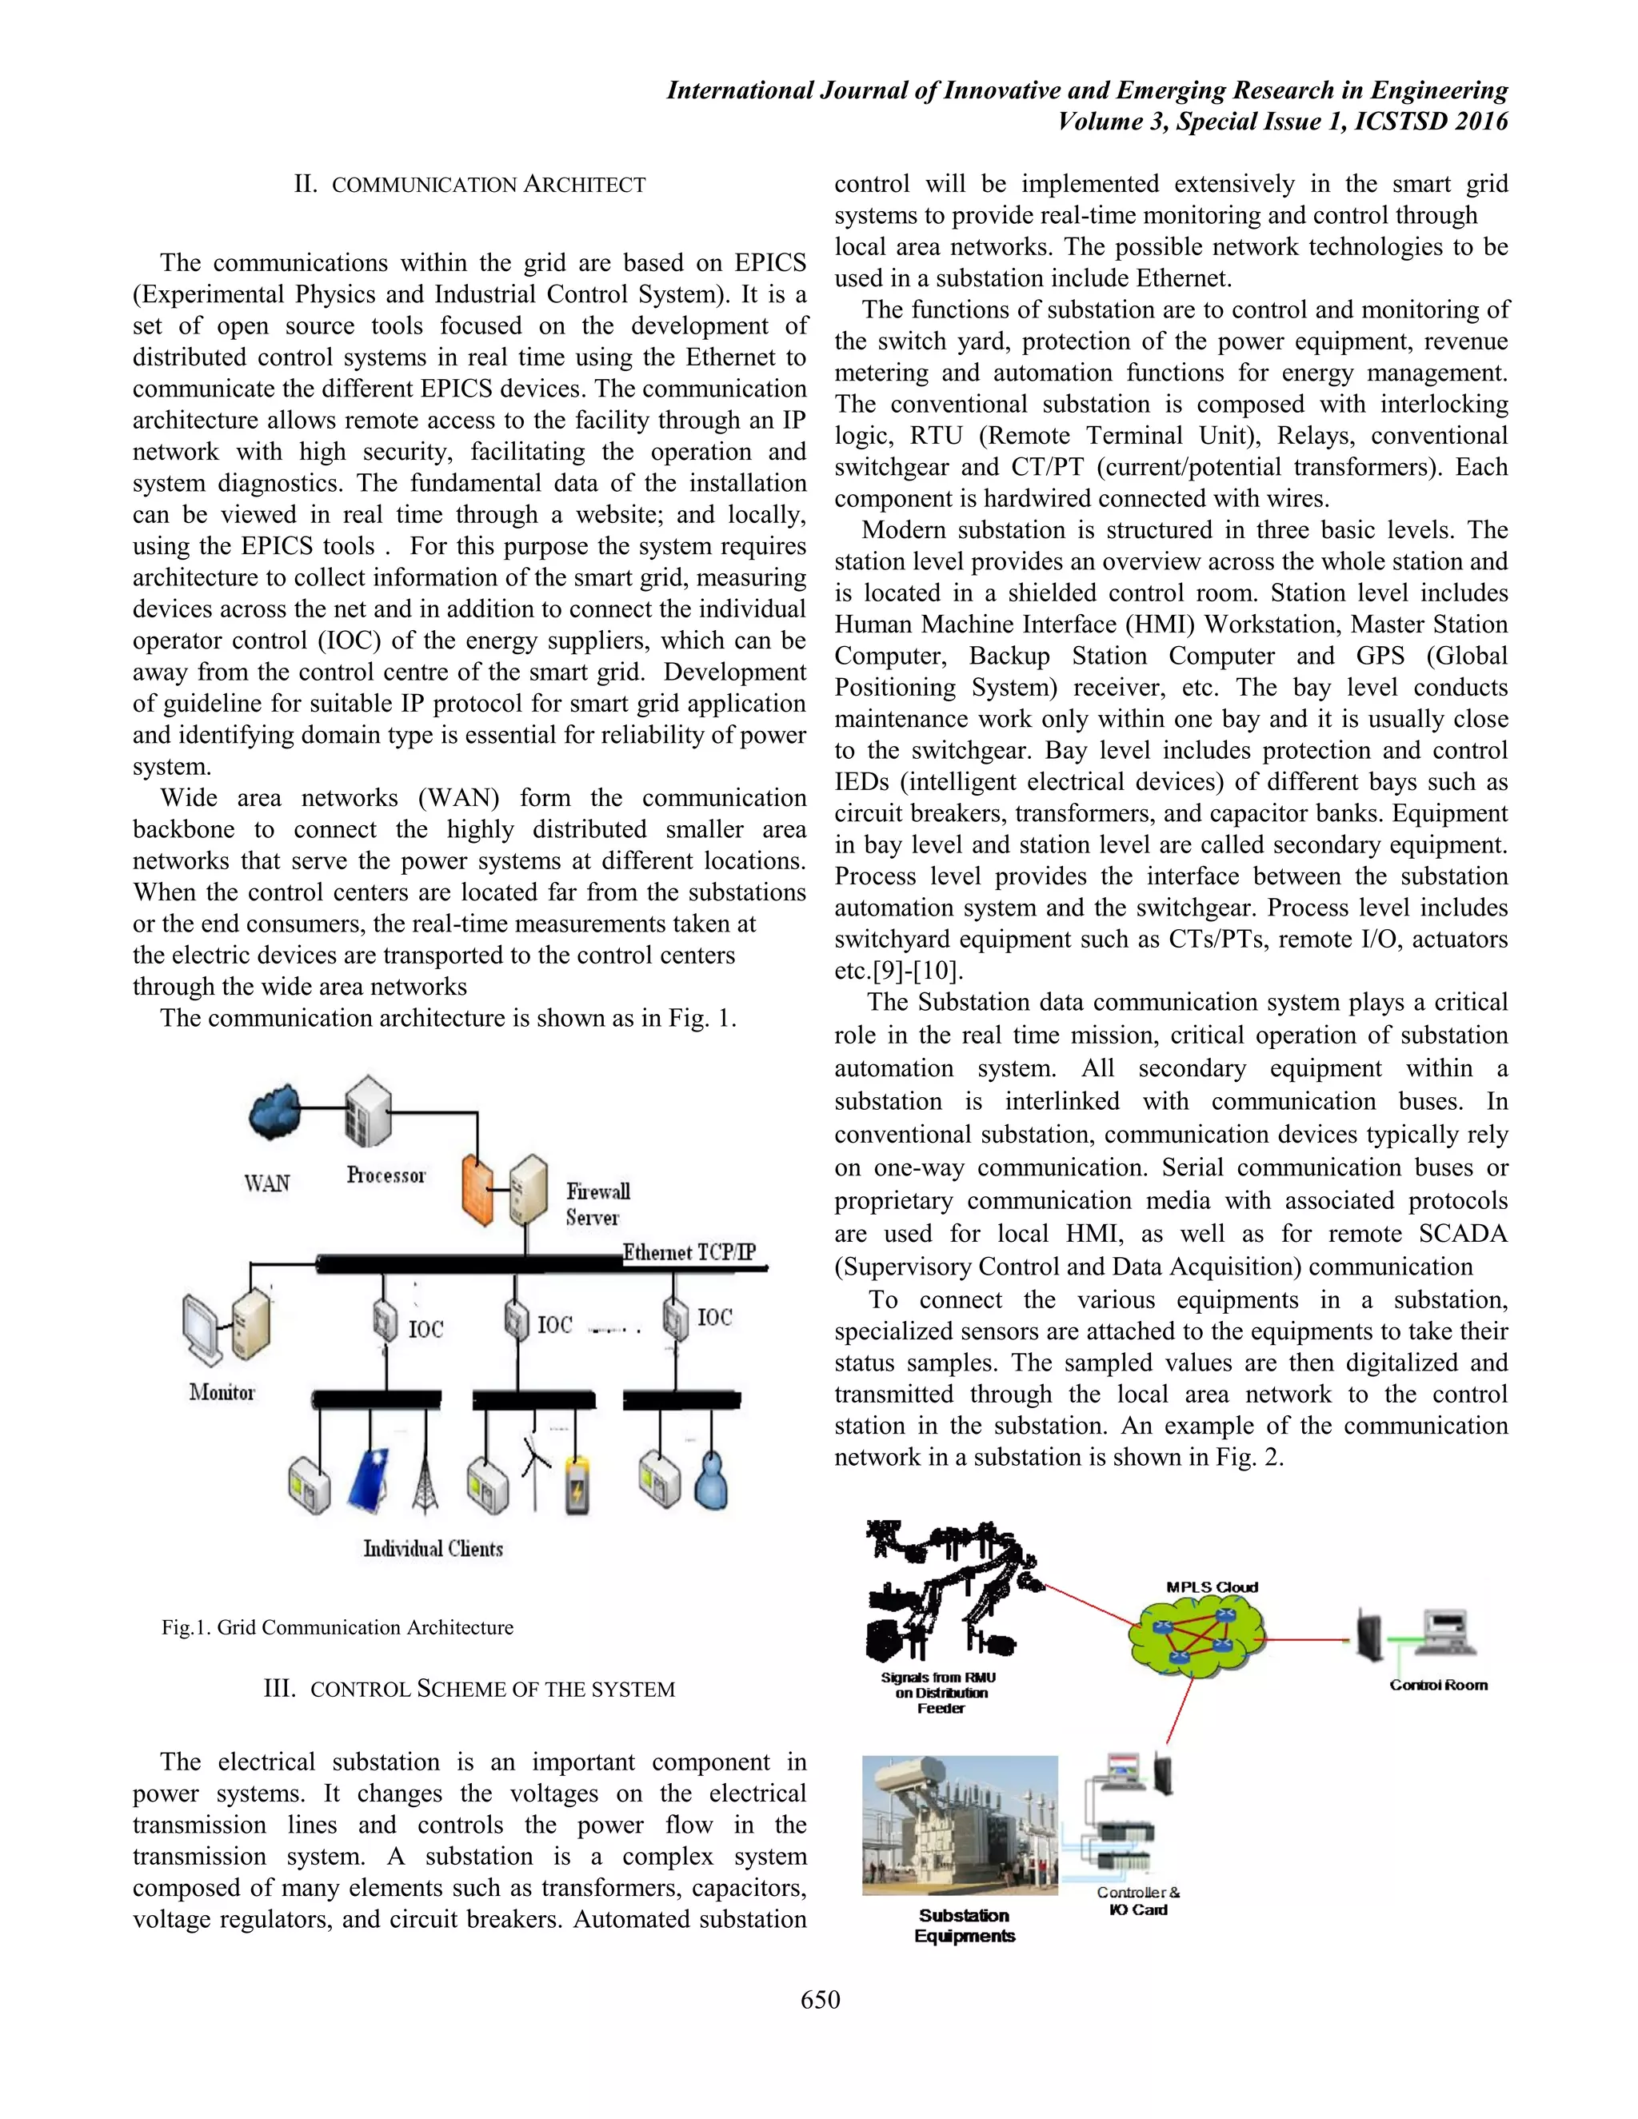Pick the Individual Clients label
click(x=433, y=1549)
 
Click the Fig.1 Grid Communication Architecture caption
click(x=337, y=1627)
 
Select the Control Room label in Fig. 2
click(x=1438, y=1686)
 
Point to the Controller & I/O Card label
click(x=1138, y=1901)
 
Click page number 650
click(x=820, y=2000)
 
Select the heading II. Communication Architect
click(x=469, y=185)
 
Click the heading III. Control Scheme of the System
click(x=469, y=1689)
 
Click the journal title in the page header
click(x=1087, y=90)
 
